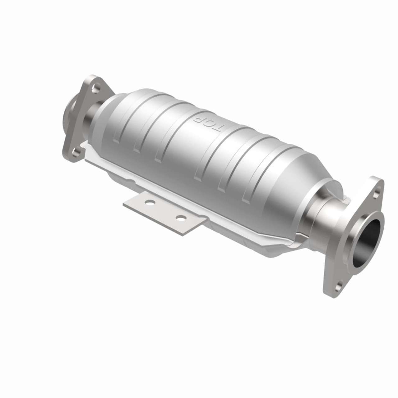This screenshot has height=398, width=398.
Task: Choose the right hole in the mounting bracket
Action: [180, 218]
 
